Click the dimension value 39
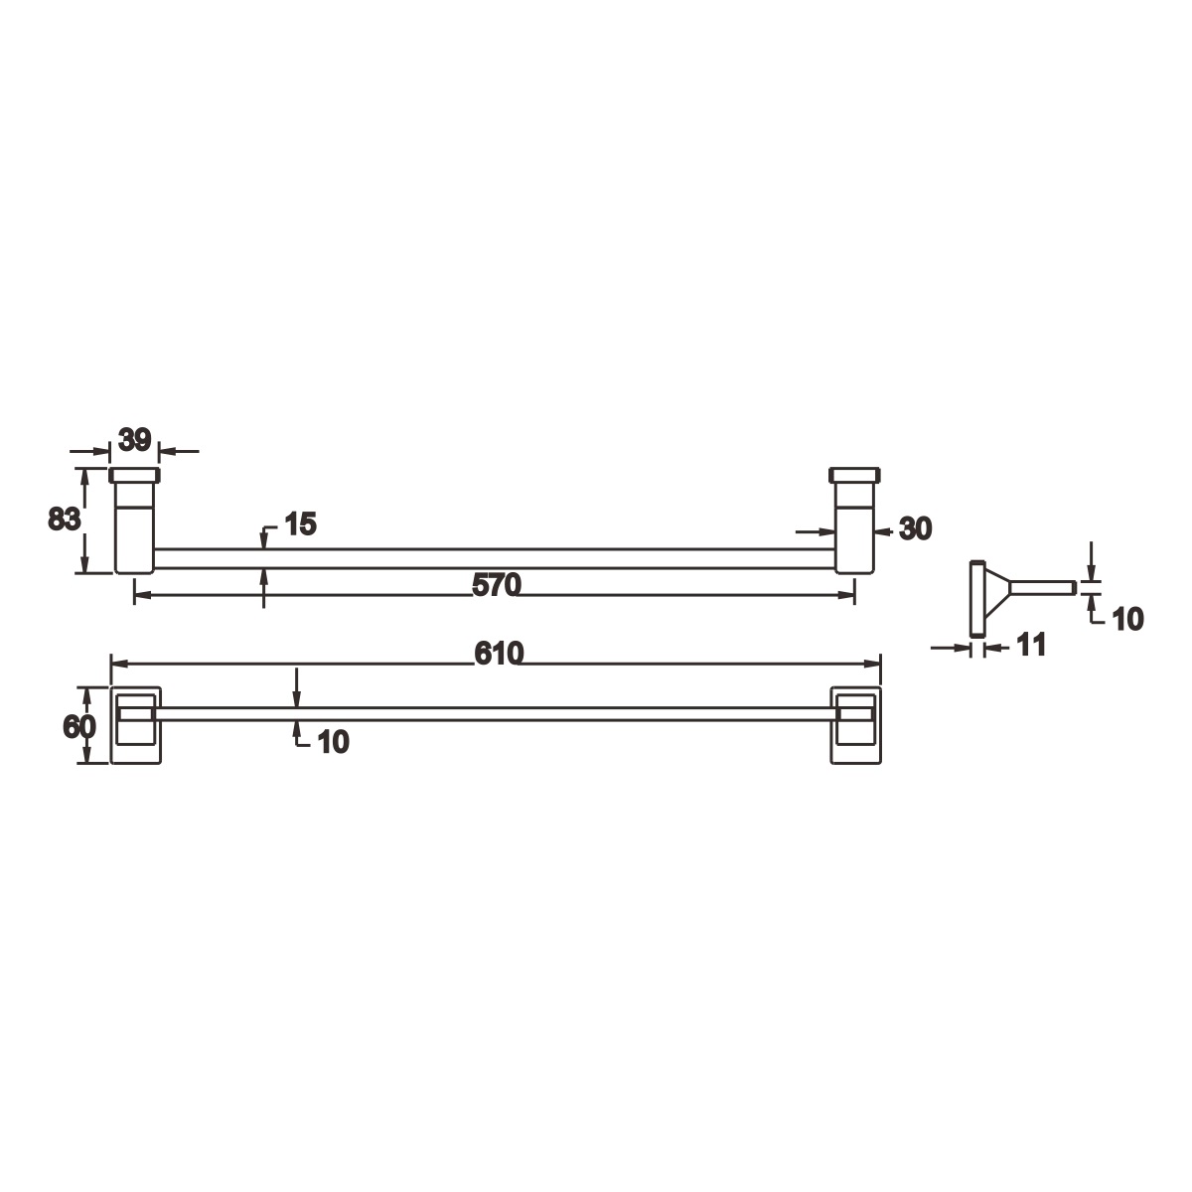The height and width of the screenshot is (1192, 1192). click(135, 440)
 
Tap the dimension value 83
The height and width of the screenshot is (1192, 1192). click(65, 519)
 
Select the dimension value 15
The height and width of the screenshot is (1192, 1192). click(301, 523)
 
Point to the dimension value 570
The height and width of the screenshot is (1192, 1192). click(497, 584)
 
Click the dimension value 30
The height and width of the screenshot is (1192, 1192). click(916, 528)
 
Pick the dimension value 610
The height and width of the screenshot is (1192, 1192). click(500, 654)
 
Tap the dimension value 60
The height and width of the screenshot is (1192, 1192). click(79, 726)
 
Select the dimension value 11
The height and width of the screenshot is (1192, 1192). click(1031, 645)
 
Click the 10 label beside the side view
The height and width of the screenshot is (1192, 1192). click(1127, 619)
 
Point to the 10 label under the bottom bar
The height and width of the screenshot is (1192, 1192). click(334, 742)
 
